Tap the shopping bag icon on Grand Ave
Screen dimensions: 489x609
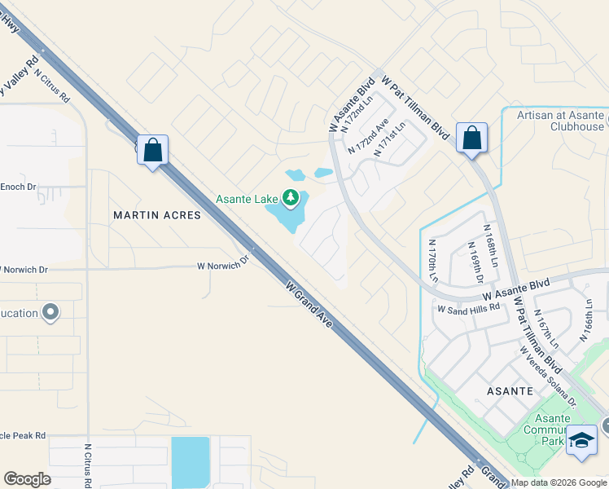click(152, 150)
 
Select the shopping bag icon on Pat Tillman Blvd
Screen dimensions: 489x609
click(471, 138)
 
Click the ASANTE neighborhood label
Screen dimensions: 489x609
click(509, 391)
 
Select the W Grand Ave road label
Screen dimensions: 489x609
click(309, 305)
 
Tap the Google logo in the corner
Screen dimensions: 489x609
click(27, 479)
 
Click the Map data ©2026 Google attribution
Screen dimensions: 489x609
click(559, 482)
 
